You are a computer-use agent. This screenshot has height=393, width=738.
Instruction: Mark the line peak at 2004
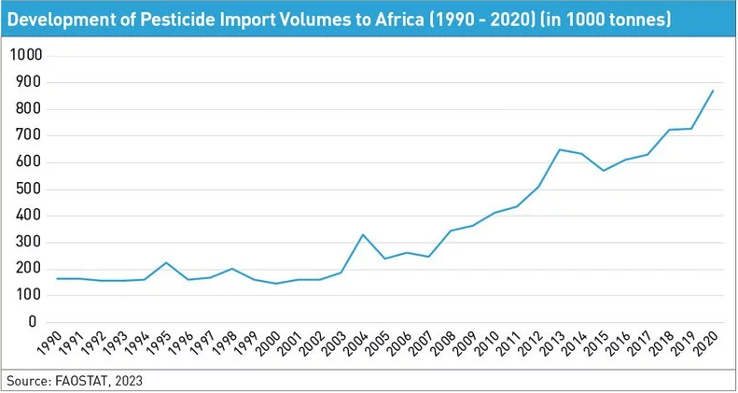click(x=363, y=234)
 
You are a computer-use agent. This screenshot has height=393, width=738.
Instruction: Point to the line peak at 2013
click(x=558, y=149)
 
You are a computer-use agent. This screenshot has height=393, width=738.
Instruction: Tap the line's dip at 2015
click(x=602, y=170)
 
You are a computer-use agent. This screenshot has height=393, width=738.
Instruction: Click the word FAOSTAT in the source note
click(x=82, y=381)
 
